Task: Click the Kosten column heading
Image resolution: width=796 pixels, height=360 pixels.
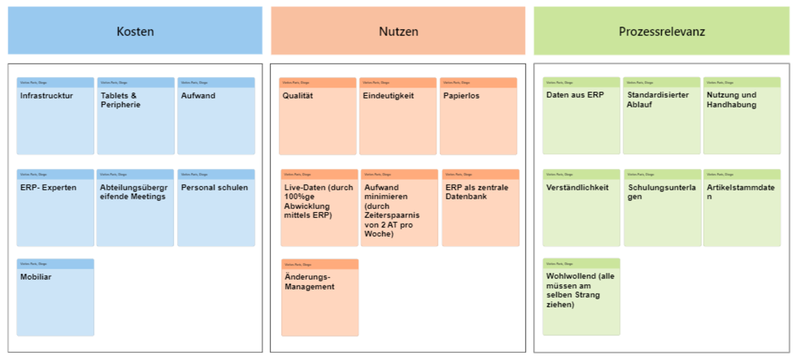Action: (135, 31)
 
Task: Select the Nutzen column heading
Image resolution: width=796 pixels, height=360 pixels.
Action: (398, 31)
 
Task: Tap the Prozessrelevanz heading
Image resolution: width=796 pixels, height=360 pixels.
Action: (661, 31)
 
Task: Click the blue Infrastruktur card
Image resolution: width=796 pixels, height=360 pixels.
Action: (55, 116)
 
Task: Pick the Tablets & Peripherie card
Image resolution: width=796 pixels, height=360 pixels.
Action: (135, 116)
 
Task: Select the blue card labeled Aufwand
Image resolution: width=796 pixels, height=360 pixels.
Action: (216, 116)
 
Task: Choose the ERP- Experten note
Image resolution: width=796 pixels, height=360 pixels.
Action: (55, 208)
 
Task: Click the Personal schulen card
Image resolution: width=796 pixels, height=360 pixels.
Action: (216, 208)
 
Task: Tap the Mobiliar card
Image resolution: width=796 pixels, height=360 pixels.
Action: (55, 297)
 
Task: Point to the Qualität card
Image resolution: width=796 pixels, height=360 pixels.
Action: (318, 116)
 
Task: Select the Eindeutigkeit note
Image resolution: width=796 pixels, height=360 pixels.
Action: (398, 116)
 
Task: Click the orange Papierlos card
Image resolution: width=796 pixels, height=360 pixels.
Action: (478, 116)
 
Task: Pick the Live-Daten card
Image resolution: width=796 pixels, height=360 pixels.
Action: (319, 208)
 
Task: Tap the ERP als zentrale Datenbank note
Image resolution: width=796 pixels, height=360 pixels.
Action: (480, 208)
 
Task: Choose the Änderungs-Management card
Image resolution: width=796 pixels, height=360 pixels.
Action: (320, 297)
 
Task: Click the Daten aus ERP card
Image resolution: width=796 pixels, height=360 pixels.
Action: (581, 116)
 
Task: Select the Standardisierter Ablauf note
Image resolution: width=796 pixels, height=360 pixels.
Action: (661, 116)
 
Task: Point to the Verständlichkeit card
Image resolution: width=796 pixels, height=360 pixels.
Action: (581, 208)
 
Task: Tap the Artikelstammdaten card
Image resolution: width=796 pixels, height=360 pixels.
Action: (742, 208)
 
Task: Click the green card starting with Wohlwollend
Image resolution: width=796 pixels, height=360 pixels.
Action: (581, 297)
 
